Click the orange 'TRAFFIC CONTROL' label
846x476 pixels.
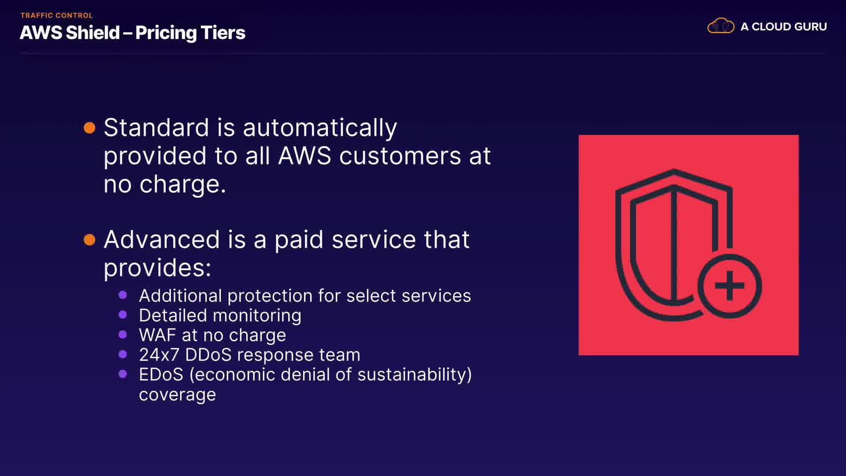pyautogui.click(x=56, y=15)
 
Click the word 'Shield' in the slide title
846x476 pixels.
pyautogui.click(x=93, y=33)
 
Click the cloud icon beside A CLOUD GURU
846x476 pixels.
pyautogui.click(x=721, y=26)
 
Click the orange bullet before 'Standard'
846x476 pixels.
pyautogui.click(x=89, y=128)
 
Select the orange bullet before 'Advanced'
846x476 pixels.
pyautogui.click(x=89, y=240)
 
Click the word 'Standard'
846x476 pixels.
pyautogui.click(x=156, y=128)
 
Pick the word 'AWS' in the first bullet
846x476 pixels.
pyautogui.click(x=304, y=156)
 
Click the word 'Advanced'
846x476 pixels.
pyautogui.click(x=162, y=240)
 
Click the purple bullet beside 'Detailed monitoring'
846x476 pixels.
pyautogui.click(x=123, y=315)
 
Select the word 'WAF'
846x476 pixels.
pyautogui.click(x=157, y=335)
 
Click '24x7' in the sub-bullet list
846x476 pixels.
pyautogui.click(x=159, y=355)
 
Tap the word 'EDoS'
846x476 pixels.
pyautogui.click(x=161, y=375)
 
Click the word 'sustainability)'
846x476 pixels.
pyautogui.click(x=415, y=375)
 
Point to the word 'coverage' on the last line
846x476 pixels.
pyautogui.click(x=178, y=395)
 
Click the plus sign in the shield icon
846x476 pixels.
pyautogui.click(x=730, y=286)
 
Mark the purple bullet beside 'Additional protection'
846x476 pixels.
pyautogui.click(x=123, y=295)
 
